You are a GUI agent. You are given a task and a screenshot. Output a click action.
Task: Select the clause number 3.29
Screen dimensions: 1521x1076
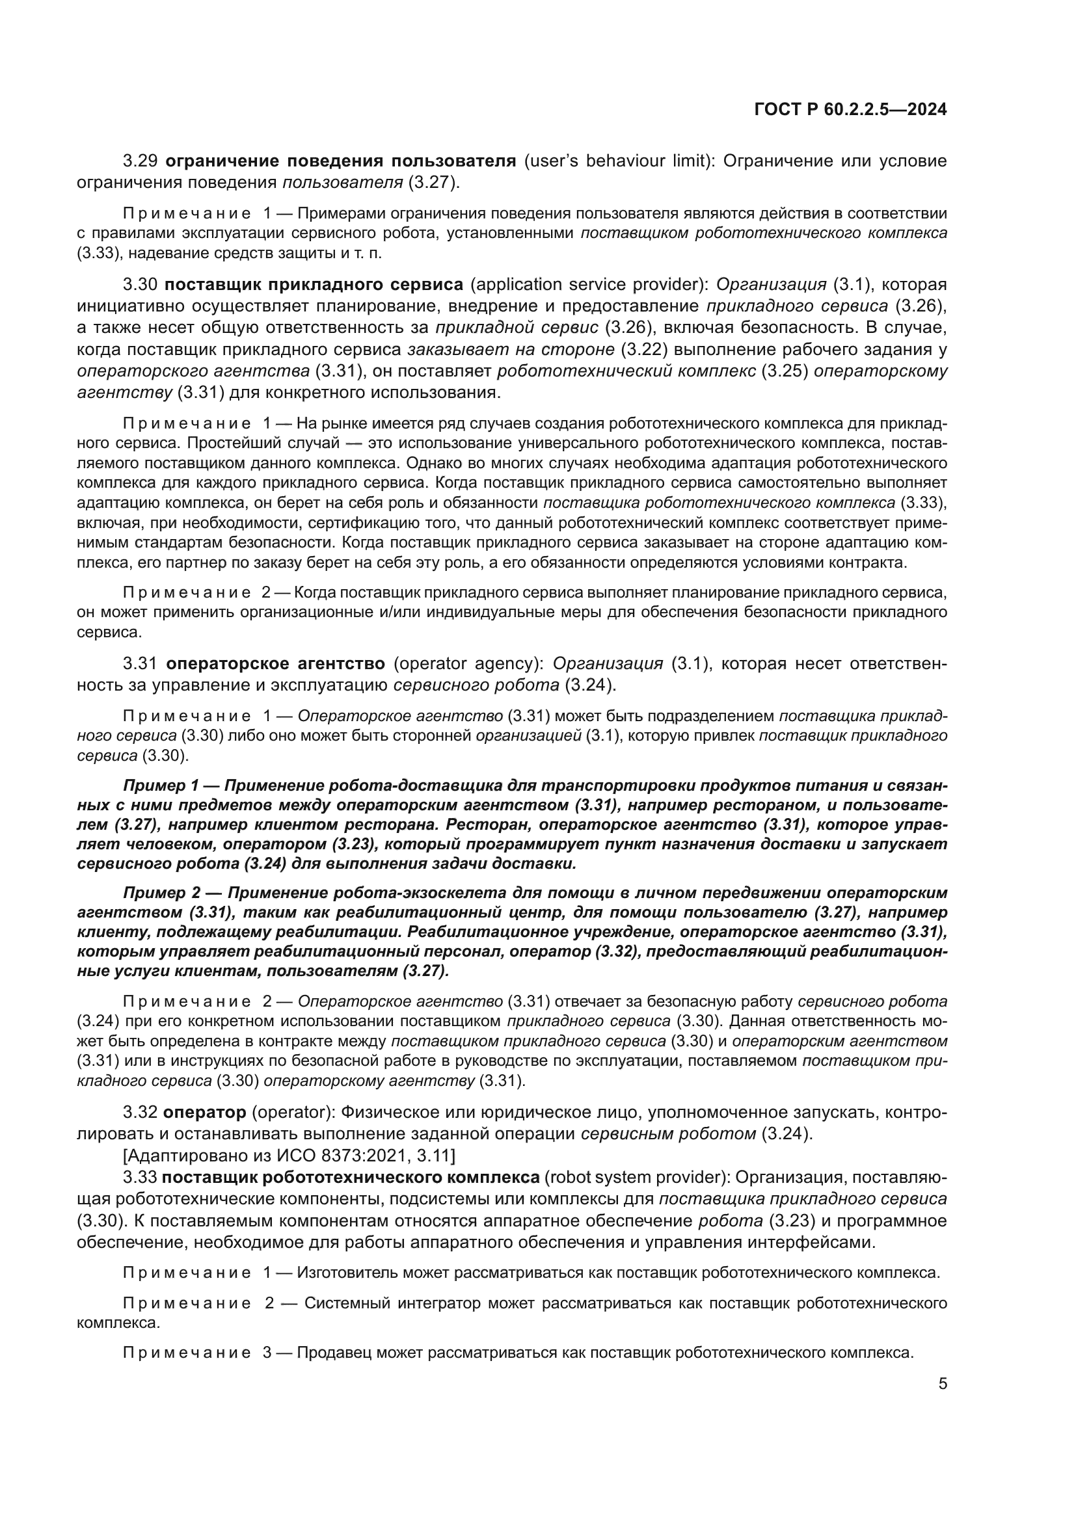coord(140,161)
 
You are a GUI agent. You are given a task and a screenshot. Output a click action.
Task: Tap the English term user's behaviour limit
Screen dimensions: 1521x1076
coord(613,161)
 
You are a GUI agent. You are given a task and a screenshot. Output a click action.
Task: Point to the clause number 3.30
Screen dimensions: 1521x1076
coord(140,285)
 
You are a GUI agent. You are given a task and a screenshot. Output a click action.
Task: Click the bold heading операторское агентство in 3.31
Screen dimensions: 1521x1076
coord(275,663)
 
